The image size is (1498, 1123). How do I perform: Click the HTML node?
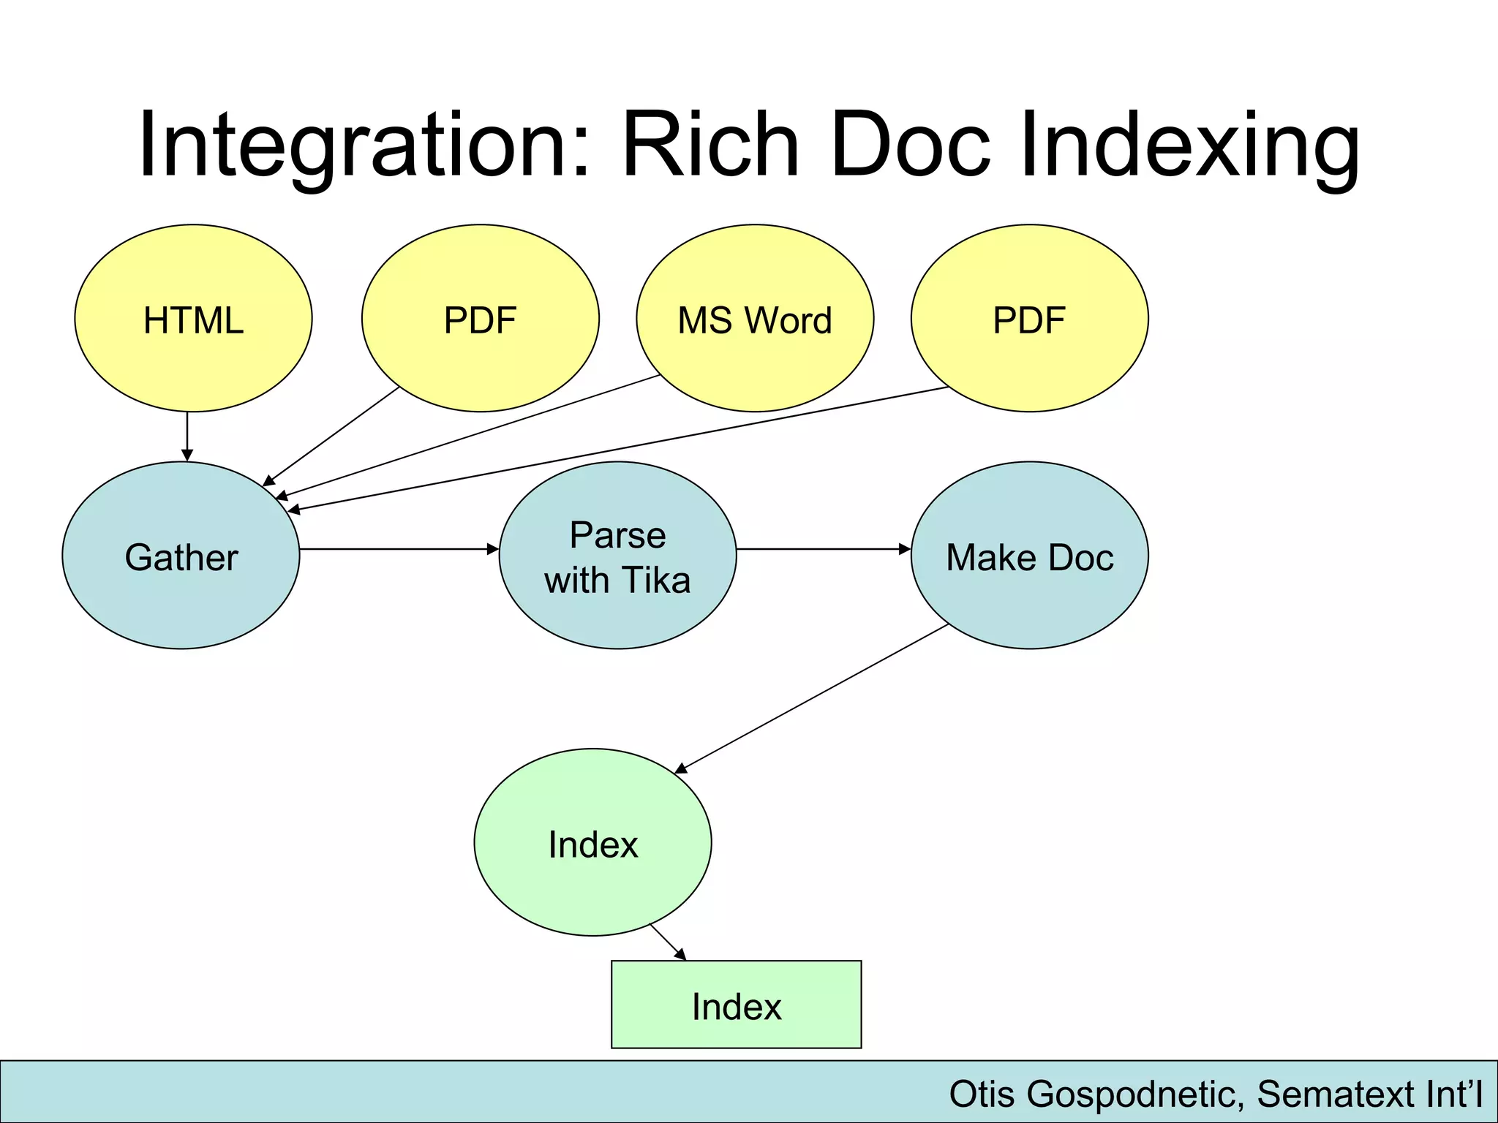tap(193, 319)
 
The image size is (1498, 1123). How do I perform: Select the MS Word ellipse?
tap(755, 319)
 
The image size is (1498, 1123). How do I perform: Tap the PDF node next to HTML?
tap(480, 319)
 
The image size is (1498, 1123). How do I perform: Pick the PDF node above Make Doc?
tap(1029, 319)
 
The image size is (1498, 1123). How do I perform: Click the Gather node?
tap(181, 556)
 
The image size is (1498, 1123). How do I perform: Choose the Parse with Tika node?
tap(617, 556)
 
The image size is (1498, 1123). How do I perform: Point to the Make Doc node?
tap(1029, 556)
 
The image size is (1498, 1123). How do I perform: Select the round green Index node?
tap(592, 843)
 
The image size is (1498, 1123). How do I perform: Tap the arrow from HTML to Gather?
tap(187, 436)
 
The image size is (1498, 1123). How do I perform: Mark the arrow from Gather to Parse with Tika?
tap(399, 548)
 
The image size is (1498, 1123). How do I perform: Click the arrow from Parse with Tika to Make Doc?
tap(823, 548)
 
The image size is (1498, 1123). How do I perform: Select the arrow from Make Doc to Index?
tap(812, 698)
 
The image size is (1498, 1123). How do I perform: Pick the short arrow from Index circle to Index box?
tap(668, 942)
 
